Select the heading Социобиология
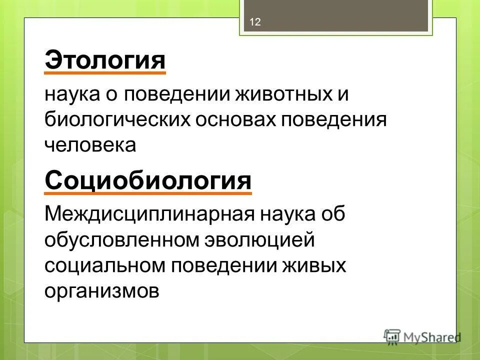[x=148, y=180]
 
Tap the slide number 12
[x=255, y=22]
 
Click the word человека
[x=90, y=144]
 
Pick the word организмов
[x=102, y=290]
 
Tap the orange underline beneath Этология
[x=105, y=73]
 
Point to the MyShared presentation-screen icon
[x=392, y=336]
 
